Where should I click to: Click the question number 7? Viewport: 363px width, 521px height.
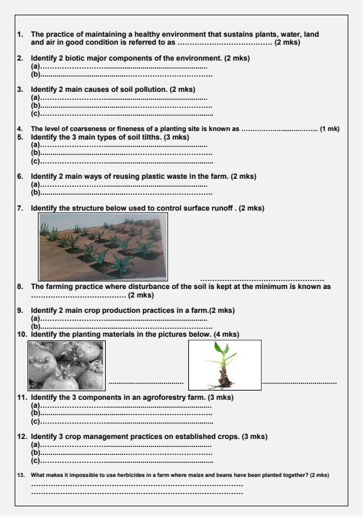tap(20, 208)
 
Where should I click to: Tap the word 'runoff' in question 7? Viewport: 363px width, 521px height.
tap(224, 208)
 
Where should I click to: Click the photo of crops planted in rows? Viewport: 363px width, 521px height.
tap(103, 246)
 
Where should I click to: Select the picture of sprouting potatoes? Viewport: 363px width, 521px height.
tap(67, 365)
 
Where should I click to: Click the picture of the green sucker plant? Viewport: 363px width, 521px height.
tap(224, 365)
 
